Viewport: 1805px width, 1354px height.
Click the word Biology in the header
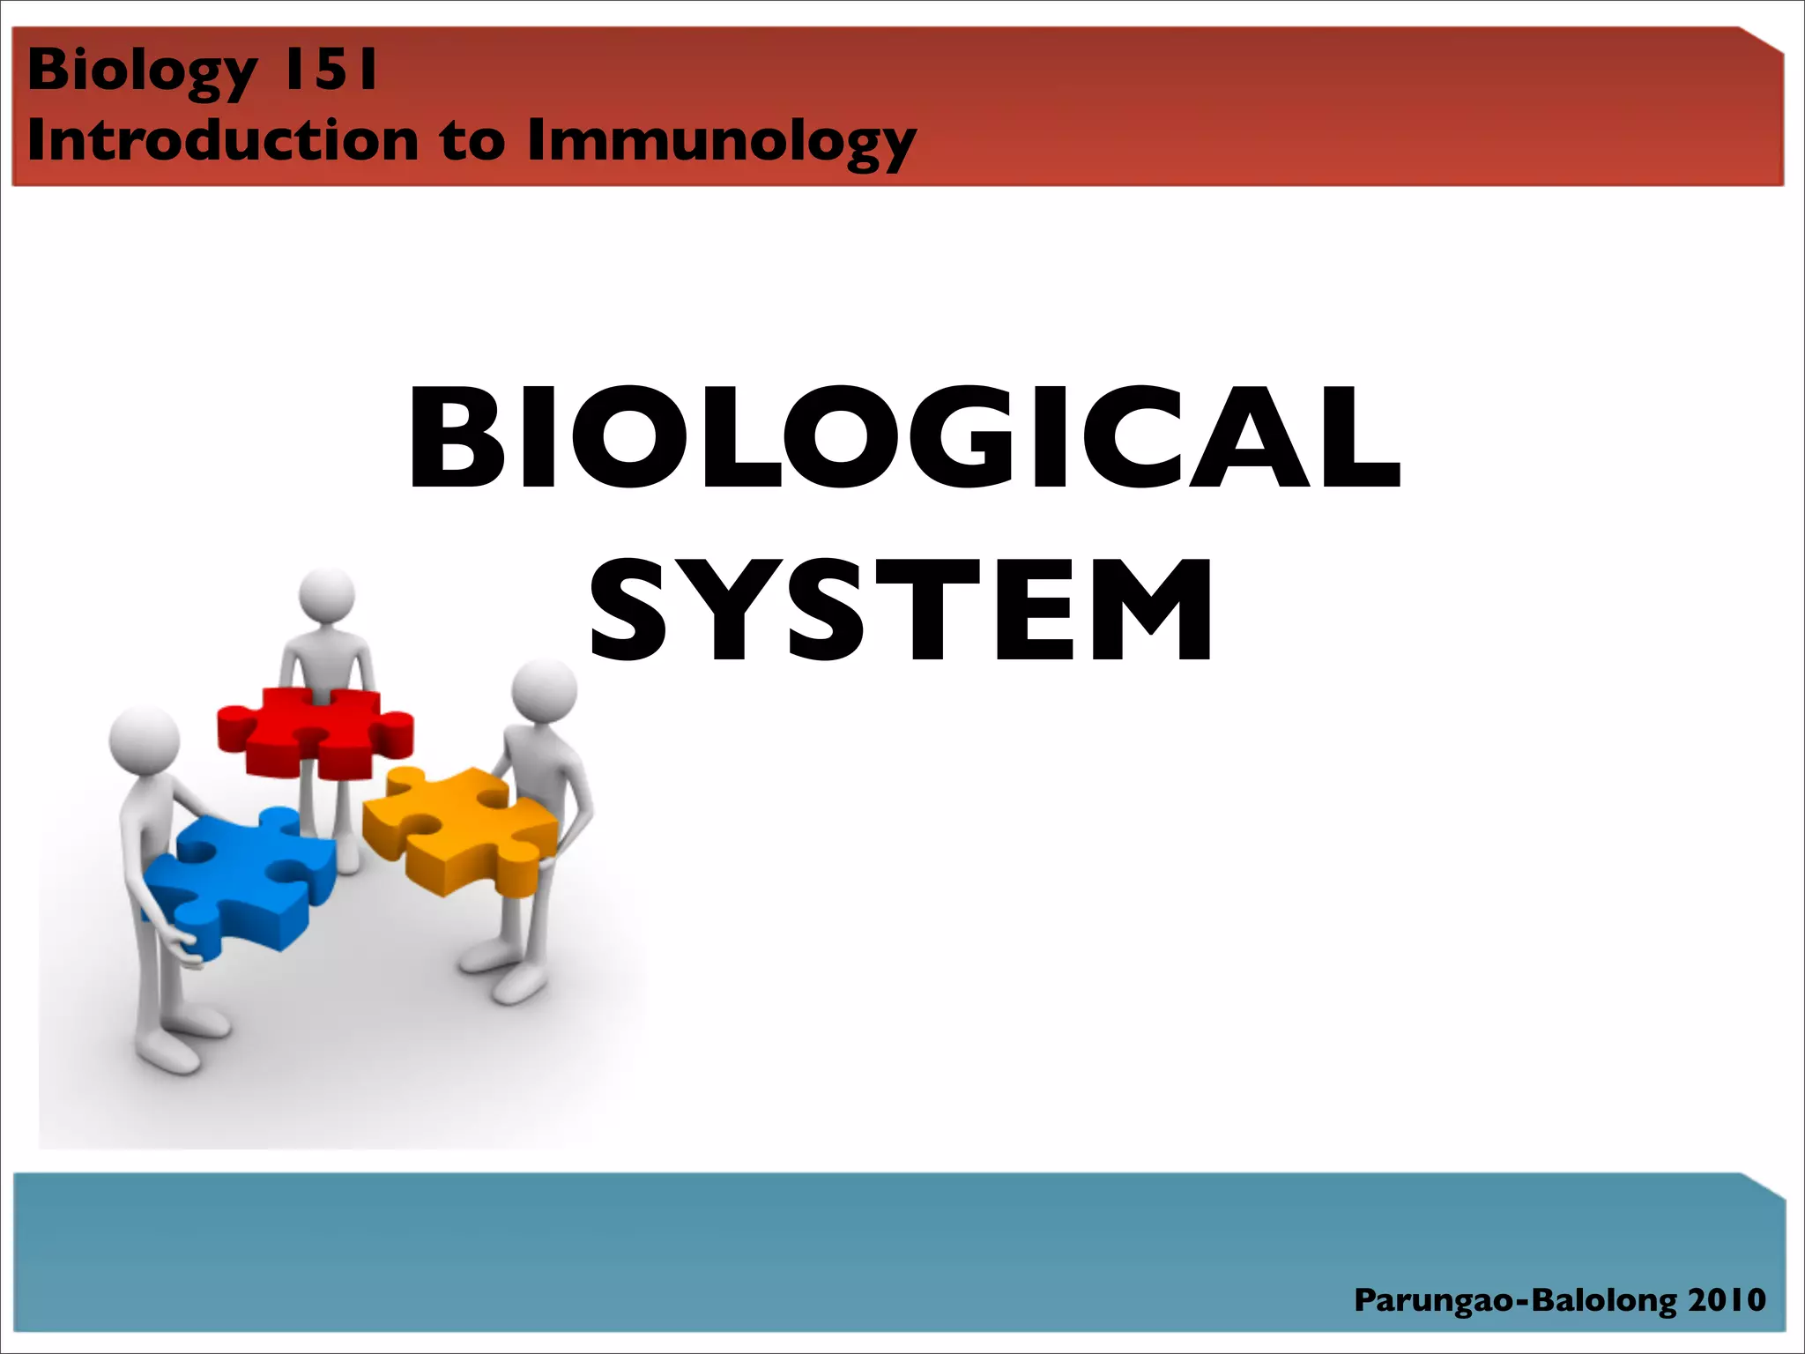[141, 71]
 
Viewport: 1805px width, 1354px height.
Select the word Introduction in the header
[222, 141]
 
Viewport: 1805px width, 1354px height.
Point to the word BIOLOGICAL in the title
[902, 438]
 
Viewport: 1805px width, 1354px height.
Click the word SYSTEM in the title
[901, 610]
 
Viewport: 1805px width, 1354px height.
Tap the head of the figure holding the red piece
[327, 596]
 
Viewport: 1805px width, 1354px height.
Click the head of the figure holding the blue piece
[144, 740]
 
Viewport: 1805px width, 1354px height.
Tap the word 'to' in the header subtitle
[472, 141]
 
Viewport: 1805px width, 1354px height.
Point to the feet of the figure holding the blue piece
[176, 1040]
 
